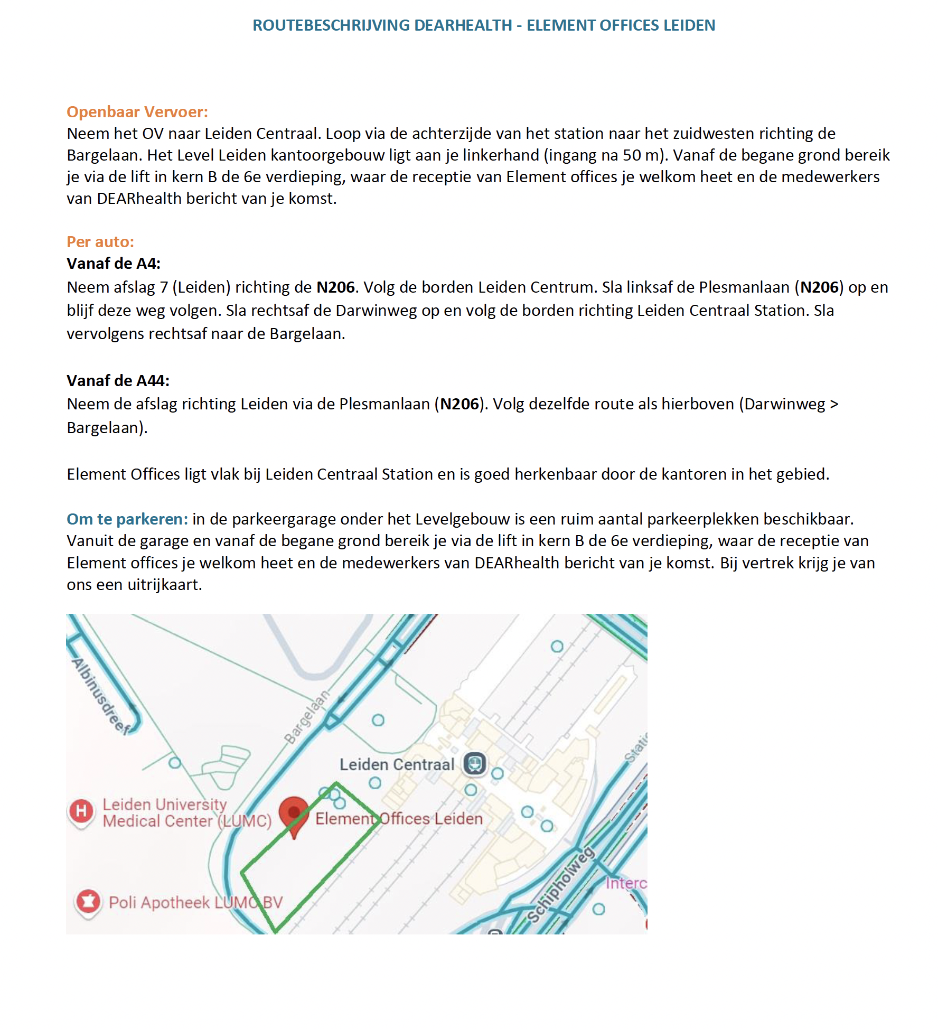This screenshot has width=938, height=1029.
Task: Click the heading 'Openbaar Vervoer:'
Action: pyautogui.click(x=137, y=112)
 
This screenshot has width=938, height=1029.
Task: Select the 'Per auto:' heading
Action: pyautogui.click(x=100, y=242)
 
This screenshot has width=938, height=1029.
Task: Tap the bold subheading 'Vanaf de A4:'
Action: pyautogui.click(x=113, y=264)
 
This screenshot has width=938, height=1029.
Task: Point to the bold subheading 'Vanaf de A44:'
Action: pyautogui.click(x=118, y=381)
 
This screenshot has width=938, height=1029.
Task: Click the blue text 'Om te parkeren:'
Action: pyautogui.click(x=127, y=519)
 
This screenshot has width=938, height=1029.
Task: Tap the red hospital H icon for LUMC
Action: pyautogui.click(x=81, y=811)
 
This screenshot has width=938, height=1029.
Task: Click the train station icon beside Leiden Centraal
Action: pyautogui.click(x=474, y=764)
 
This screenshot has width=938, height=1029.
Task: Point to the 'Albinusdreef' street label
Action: pyautogui.click(x=101, y=697)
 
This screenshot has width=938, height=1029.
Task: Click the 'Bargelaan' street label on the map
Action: pyautogui.click(x=307, y=717)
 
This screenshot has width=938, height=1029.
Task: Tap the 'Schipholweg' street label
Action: pyautogui.click(x=561, y=884)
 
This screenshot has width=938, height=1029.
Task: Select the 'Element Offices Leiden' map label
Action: pyautogui.click(x=399, y=819)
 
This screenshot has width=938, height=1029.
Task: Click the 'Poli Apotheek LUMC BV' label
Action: pyautogui.click(x=195, y=902)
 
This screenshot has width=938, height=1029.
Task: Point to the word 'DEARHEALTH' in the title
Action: pyautogui.click(x=463, y=25)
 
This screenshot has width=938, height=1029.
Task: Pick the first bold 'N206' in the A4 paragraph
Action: pyautogui.click(x=335, y=287)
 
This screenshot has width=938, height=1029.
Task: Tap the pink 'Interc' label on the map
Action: pyautogui.click(x=625, y=883)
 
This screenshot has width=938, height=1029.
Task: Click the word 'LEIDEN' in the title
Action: pyautogui.click(x=689, y=25)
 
